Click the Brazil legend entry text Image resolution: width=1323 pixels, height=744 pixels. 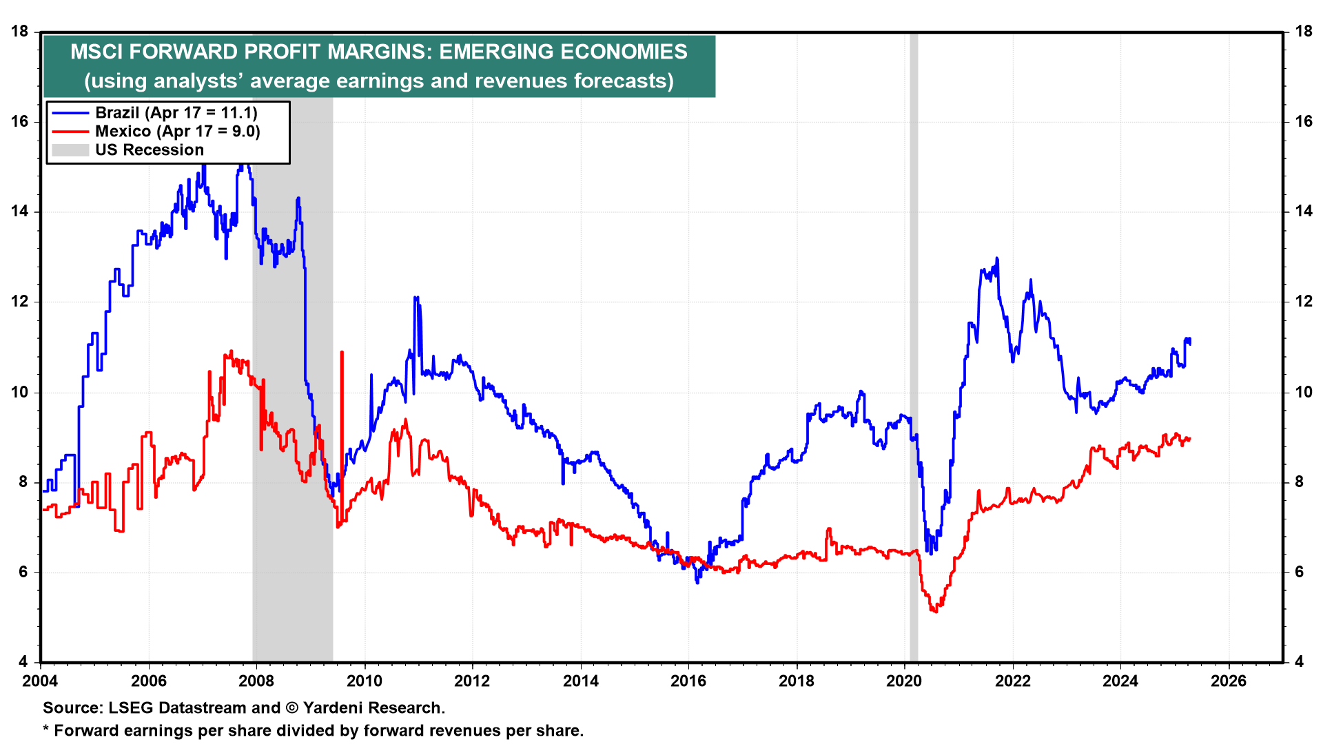click(176, 113)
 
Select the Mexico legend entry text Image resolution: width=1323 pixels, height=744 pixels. click(177, 132)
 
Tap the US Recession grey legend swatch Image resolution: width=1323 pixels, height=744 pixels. click(70, 150)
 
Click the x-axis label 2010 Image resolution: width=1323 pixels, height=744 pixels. click(364, 681)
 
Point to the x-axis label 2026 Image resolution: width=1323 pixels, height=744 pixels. click(1228, 681)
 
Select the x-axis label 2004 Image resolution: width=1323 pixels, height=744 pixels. click(41, 681)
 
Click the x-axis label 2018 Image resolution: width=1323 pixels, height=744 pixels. click(796, 681)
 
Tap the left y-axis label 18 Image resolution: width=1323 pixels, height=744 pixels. click(19, 32)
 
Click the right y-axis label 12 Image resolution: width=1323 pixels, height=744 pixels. click(1303, 302)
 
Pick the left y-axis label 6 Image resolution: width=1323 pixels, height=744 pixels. click(23, 572)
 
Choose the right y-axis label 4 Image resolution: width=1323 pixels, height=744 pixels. click(1299, 662)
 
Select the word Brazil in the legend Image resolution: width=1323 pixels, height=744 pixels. click(117, 113)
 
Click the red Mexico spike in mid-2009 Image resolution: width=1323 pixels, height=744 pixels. click(342, 353)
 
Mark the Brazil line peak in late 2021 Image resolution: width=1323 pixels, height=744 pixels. click(997, 259)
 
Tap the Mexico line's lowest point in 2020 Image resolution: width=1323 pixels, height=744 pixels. click(935, 611)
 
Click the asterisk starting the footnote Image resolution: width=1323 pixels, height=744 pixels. click(46, 730)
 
